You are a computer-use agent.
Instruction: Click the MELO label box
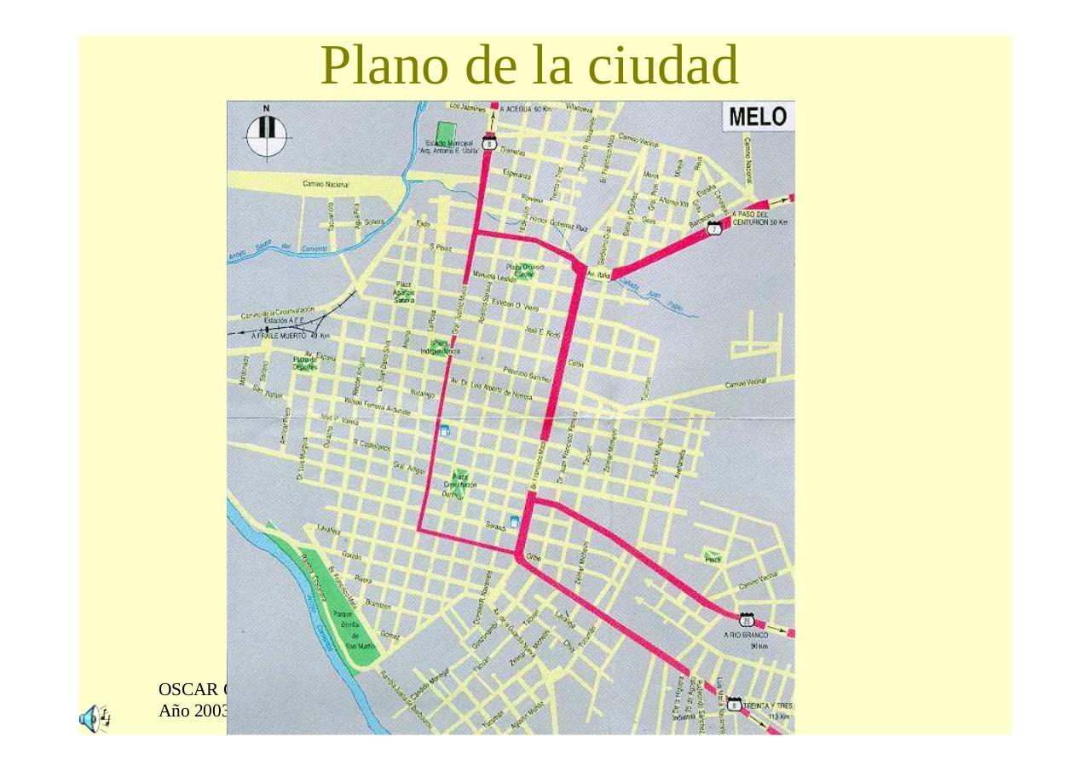[x=758, y=117]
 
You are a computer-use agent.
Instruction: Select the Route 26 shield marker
[x=747, y=619]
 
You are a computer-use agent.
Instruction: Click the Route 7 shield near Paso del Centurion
[x=714, y=228]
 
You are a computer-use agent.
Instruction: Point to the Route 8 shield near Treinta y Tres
[x=734, y=705]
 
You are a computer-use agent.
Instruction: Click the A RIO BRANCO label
[x=746, y=636]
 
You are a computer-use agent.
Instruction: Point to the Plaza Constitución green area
[x=459, y=488]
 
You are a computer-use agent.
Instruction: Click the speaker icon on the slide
[x=95, y=719]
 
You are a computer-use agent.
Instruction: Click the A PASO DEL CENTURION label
[x=759, y=218]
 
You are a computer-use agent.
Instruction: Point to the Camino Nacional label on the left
[x=326, y=183]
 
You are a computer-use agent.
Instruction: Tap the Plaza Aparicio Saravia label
[x=404, y=292]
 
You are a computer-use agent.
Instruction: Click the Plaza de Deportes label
[x=305, y=363]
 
